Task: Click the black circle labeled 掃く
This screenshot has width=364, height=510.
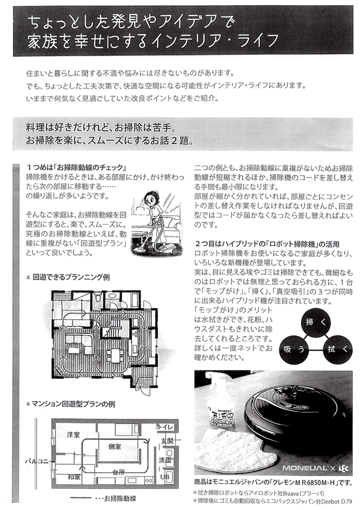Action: (x=315, y=322)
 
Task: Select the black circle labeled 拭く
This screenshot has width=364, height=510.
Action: (x=337, y=349)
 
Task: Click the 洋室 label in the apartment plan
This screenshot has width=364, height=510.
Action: (x=73, y=434)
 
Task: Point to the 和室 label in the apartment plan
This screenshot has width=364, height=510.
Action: (x=74, y=477)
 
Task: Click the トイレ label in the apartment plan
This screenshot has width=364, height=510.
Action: (x=165, y=427)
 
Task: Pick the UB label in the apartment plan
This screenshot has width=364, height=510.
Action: (x=165, y=477)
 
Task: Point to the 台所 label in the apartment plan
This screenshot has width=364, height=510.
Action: (x=119, y=472)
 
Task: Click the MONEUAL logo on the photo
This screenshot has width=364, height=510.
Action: (x=305, y=468)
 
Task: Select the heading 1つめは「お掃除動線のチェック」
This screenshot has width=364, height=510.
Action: (x=76, y=167)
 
